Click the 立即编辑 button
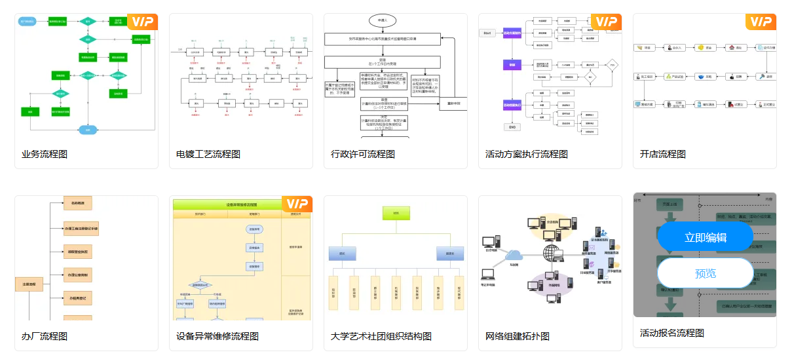pyautogui.click(x=705, y=238)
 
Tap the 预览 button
pyautogui.click(x=705, y=273)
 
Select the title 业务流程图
pyautogui.click(x=45, y=155)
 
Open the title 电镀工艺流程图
pyautogui.click(x=208, y=155)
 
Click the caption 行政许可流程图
pyautogui.click(x=363, y=155)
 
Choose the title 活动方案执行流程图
pyautogui.click(x=527, y=155)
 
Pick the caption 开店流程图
pyautogui.click(x=663, y=155)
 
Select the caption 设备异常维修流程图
pyautogui.click(x=217, y=337)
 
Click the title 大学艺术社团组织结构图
pyautogui.click(x=381, y=337)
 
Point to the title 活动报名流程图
pyautogui.click(x=672, y=334)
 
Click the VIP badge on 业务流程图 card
pyautogui.click(x=142, y=22)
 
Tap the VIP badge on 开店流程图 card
pyautogui.click(x=761, y=22)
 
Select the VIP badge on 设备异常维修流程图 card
pyautogui.click(x=297, y=204)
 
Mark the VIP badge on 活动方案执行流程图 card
pyautogui.click(x=606, y=22)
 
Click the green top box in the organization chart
pyautogui.click(x=396, y=213)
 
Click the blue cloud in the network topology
pyautogui.click(x=514, y=255)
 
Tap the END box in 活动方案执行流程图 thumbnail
pyautogui.click(x=512, y=126)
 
